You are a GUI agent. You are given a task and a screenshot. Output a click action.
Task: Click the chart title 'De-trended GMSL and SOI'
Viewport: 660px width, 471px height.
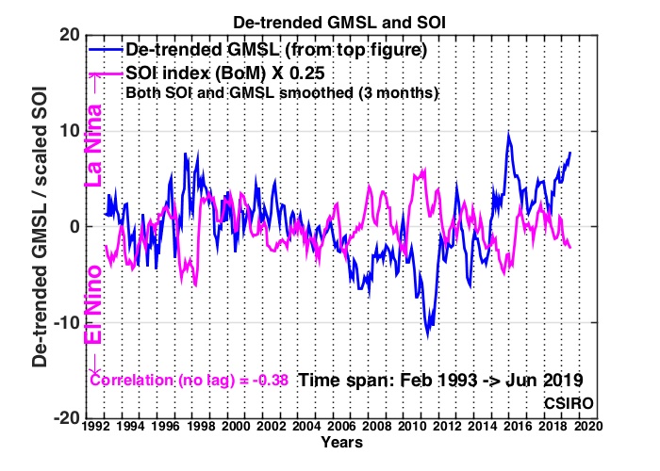pos(339,23)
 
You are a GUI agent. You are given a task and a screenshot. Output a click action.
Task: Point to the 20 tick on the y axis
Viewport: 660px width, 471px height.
pos(69,35)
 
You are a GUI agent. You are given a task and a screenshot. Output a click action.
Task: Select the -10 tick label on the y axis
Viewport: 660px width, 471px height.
pos(66,322)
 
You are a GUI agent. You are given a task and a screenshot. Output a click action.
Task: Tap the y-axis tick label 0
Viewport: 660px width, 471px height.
pos(74,227)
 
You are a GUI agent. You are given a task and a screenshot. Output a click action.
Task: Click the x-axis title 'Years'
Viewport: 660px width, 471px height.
pos(341,443)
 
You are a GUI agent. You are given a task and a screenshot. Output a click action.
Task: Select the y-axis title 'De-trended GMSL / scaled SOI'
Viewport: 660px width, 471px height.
pos(40,227)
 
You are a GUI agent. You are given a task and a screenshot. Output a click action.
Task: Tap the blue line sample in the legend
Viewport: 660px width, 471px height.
pos(106,50)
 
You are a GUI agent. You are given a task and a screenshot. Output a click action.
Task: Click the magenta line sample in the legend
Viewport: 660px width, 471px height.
pos(106,74)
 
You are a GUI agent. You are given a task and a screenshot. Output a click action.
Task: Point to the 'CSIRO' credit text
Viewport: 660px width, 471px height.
pos(569,403)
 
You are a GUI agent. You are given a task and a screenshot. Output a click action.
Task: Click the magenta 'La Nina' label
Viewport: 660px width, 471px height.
pos(93,145)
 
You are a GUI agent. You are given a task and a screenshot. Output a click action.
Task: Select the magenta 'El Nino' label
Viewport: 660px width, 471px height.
pos(93,304)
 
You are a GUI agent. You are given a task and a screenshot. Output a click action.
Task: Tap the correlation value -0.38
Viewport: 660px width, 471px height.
pos(271,381)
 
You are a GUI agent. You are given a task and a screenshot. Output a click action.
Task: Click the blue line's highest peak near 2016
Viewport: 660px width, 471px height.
pos(508,134)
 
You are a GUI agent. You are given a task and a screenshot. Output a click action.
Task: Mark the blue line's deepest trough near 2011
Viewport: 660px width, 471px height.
pos(428,336)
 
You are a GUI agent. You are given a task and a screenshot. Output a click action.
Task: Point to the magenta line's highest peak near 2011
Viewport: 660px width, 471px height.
pos(424,169)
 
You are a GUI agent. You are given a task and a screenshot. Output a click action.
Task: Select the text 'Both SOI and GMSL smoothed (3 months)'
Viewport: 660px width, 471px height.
pos(283,92)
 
